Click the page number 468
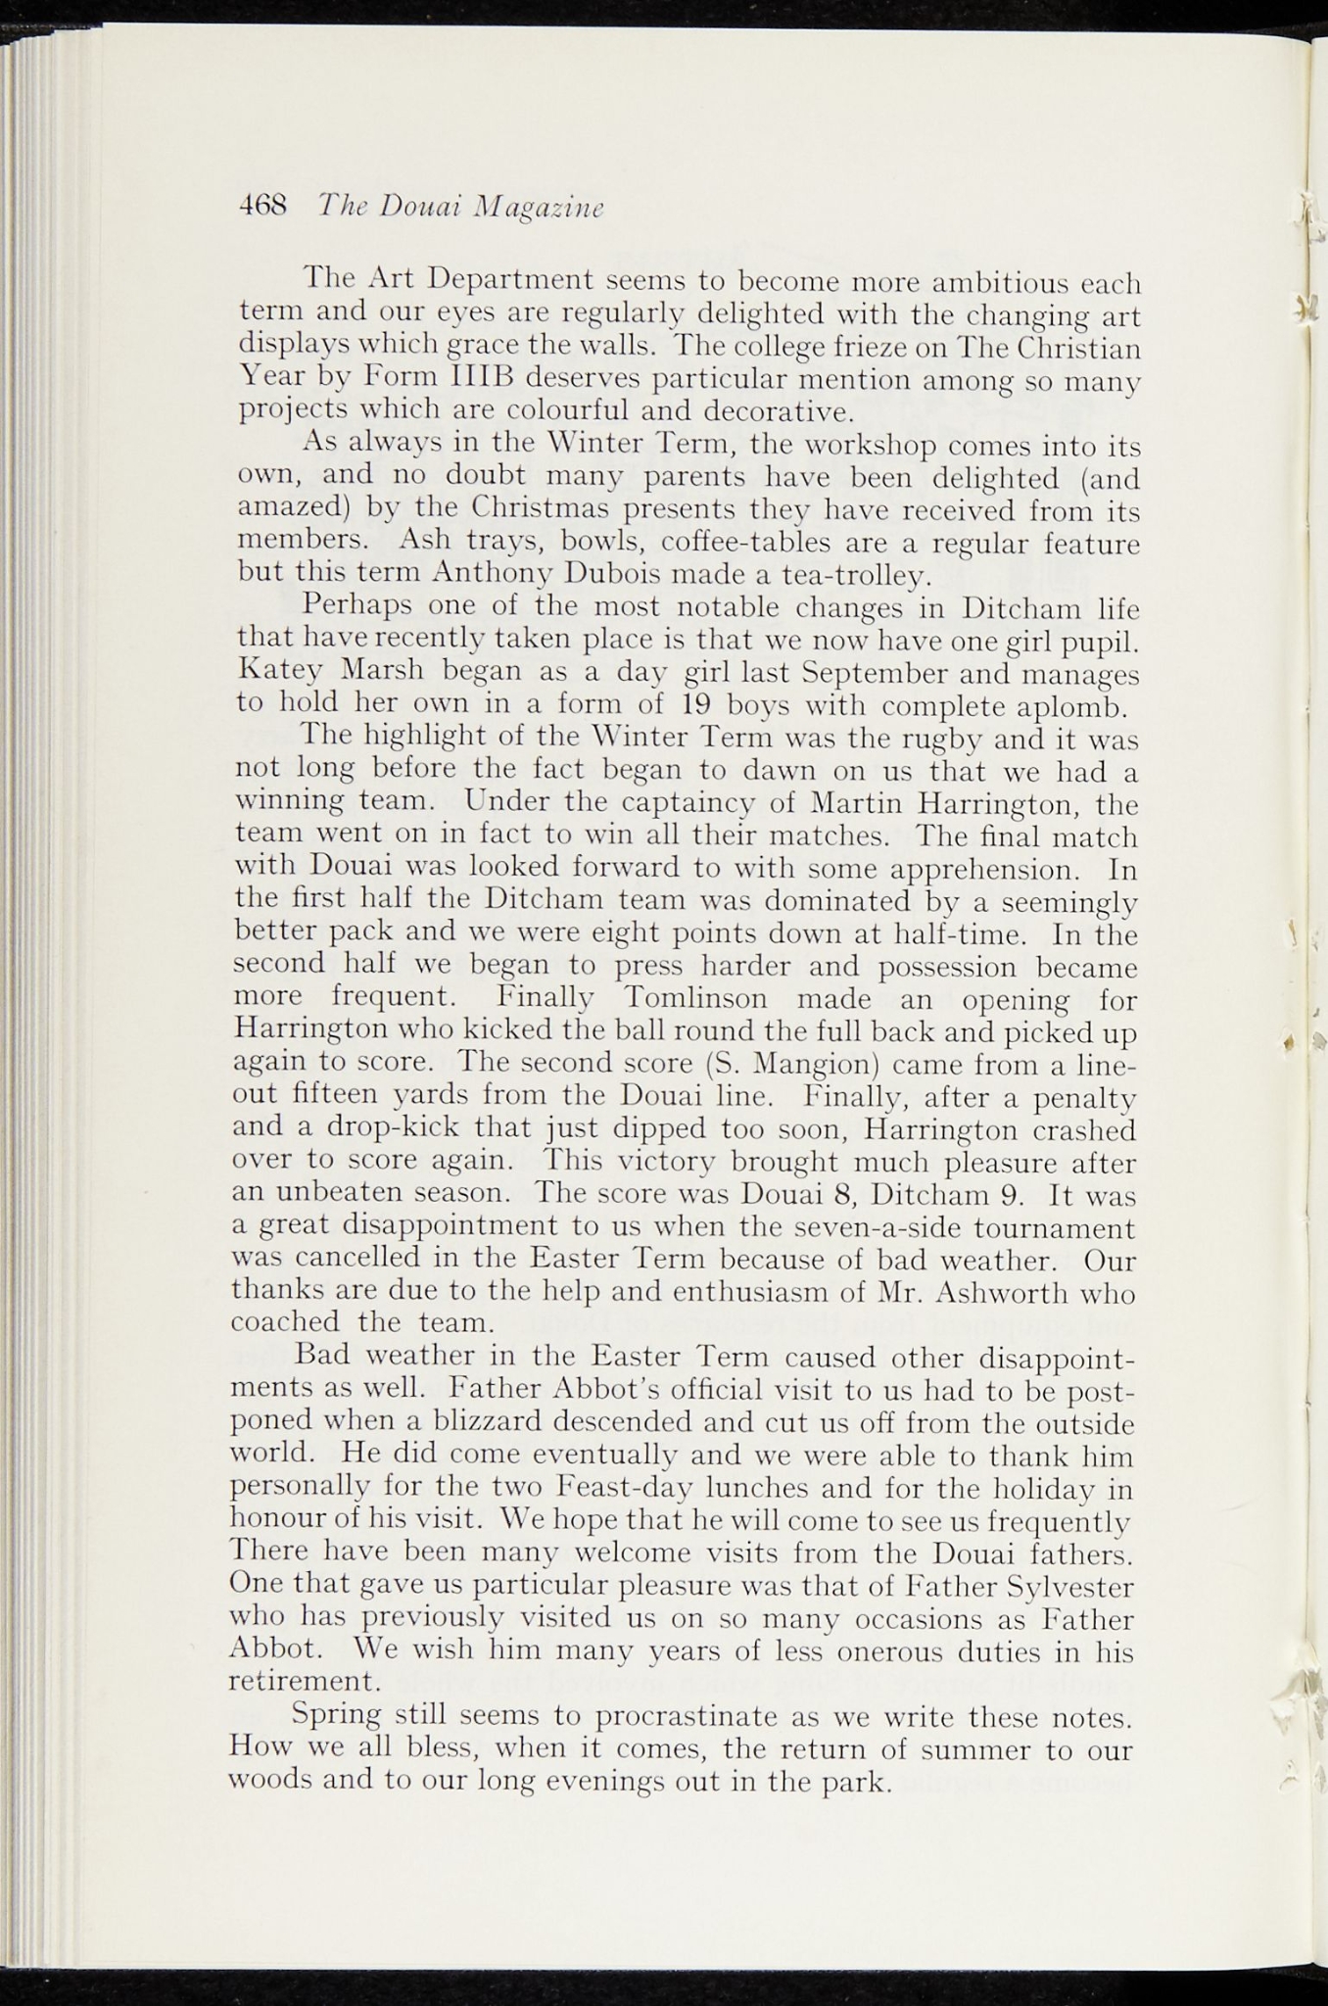[x=262, y=206]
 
